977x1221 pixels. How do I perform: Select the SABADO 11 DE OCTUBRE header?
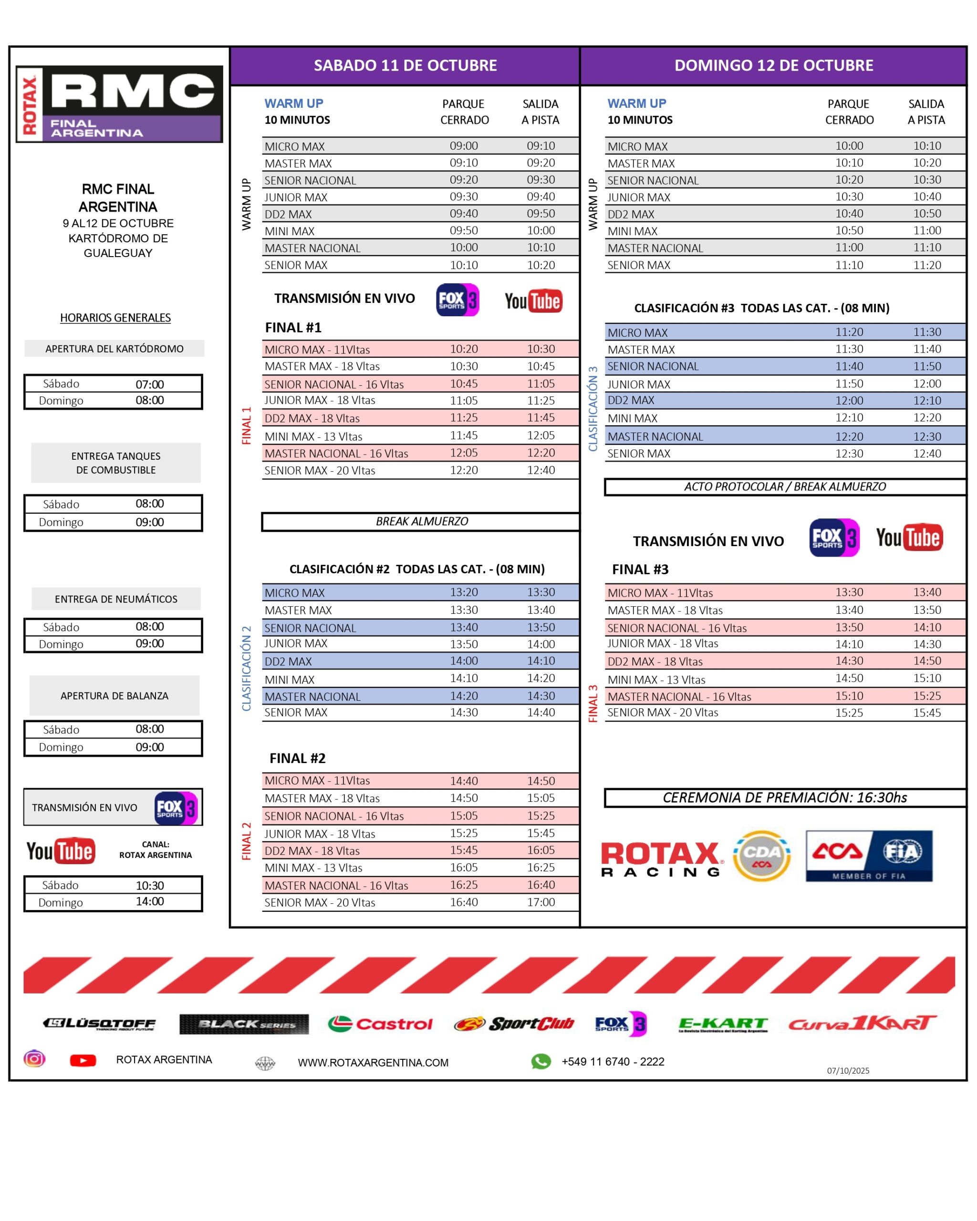405,66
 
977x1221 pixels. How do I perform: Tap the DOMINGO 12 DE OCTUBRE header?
773,66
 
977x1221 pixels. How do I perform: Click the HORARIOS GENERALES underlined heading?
115,318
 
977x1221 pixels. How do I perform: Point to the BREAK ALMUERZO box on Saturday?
421,521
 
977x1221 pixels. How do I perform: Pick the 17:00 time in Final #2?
541,902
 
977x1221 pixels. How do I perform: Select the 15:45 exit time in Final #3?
926,713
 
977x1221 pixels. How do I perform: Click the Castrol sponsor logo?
380,1024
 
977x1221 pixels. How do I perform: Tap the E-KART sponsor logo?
723,1024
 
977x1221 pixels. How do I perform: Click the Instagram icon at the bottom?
34,1059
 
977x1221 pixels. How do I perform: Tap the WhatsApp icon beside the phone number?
541,1061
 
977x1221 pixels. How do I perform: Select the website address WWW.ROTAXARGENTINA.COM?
373,1063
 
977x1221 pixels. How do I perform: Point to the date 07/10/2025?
848,1070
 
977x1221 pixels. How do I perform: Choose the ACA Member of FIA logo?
869,856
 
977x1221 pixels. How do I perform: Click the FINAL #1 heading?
293,327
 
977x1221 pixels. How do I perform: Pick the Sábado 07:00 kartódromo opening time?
149,384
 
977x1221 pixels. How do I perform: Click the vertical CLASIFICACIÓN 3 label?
593,409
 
